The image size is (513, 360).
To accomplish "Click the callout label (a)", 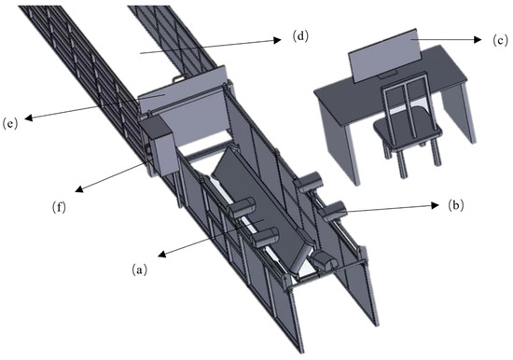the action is (139, 270).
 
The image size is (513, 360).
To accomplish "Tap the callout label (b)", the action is (456, 205).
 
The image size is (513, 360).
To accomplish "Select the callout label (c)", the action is (501, 40).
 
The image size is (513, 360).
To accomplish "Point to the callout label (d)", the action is (300, 36).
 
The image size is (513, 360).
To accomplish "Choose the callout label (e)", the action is (10, 124).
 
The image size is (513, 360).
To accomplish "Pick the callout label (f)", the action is (59, 207).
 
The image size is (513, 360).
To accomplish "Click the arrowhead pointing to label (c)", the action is (478, 39).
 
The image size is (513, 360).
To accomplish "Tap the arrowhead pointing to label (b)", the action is (435, 205).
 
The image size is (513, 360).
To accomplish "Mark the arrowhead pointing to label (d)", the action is (277, 40).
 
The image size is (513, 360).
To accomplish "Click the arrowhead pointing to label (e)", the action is (29, 118).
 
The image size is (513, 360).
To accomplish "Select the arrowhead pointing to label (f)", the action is (79, 188).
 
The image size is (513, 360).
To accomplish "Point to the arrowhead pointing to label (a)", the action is (161, 254).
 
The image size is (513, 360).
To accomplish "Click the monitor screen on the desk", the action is (383, 55).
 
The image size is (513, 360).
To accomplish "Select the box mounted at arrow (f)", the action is (159, 145).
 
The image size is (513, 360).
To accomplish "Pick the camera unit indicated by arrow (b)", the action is (333, 211).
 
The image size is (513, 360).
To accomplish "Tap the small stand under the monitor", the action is (389, 75).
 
